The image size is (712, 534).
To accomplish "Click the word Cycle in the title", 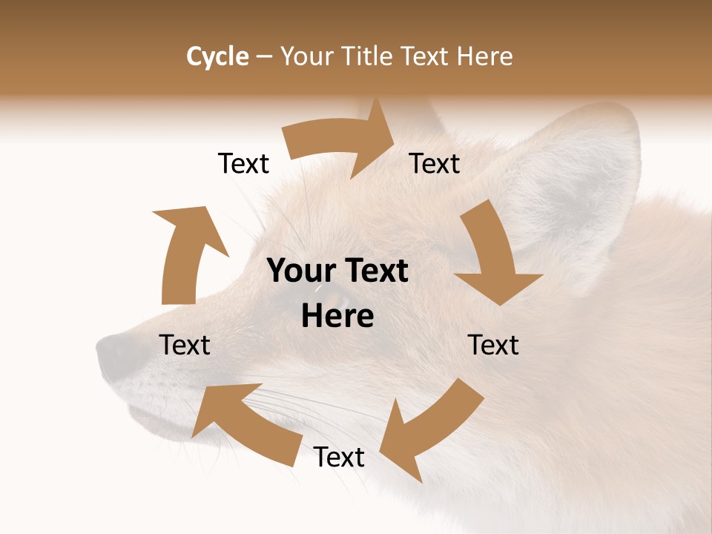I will [x=217, y=56].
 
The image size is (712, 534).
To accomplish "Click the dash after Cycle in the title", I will [x=264, y=56].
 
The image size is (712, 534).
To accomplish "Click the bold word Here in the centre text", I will [x=337, y=316].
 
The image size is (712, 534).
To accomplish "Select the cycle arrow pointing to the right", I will [x=341, y=141].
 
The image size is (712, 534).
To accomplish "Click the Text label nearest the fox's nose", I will [x=185, y=345].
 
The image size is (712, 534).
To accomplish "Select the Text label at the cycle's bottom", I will [x=339, y=457].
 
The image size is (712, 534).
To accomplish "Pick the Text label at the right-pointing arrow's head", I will [x=435, y=163].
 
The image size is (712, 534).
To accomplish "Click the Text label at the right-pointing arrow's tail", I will [x=243, y=163].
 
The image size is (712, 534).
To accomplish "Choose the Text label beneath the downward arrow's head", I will [x=493, y=345].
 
